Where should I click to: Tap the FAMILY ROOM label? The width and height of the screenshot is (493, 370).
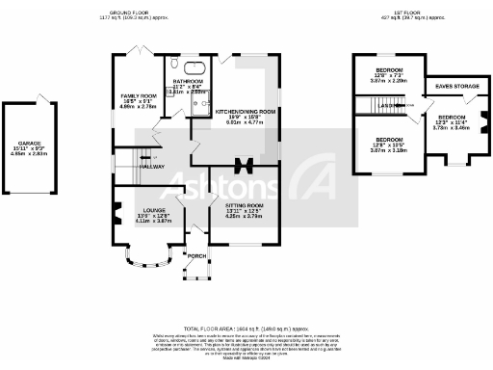[x=138, y=96]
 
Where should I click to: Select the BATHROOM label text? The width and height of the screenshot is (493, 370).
[x=189, y=81]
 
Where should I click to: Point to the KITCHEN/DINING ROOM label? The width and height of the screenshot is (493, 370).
[x=245, y=112]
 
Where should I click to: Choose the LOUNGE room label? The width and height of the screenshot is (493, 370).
[x=153, y=209]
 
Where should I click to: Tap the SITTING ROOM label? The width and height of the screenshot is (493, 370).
[x=245, y=206]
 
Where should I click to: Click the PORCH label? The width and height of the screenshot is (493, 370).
[x=196, y=255]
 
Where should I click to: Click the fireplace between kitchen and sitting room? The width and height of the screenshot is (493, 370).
[x=241, y=165]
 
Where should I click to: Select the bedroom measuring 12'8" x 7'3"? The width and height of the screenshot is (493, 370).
[x=389, y=76]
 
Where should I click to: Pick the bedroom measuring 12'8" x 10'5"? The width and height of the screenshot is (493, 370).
[x=389, y=145]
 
